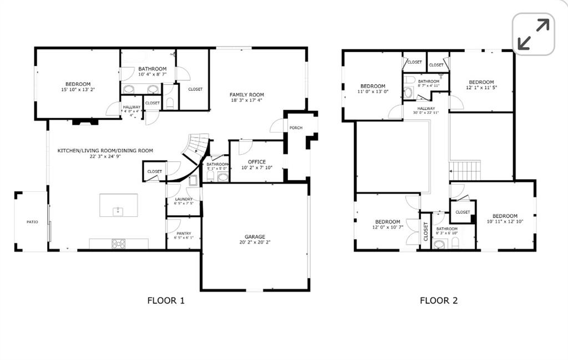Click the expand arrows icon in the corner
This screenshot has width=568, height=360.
[x=533, y=34]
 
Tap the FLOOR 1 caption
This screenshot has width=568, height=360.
[x=165, y=301]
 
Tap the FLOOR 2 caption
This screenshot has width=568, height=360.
[x=438, y=301]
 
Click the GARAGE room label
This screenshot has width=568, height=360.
[x=255, y=236]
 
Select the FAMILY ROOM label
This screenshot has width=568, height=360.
[x=247, y=95]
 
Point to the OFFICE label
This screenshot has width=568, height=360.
[x=257, y=162]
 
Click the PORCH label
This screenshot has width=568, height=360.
[x=296, y=128]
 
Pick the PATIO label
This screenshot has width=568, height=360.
[x=32, y=222]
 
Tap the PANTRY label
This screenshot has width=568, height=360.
[x=183, y=234]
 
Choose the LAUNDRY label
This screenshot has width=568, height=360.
[x=184, y=199]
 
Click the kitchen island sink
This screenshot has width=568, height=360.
[x=118, y=211]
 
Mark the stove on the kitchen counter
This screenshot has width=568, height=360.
[x=119, y=243]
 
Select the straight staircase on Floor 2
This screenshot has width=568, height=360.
[x=464, y=170]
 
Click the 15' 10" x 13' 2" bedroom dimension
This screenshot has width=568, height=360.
[x=78, y=90]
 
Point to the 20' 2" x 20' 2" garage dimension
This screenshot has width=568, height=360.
[x=255, y=242]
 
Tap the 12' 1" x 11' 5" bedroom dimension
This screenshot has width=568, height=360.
[x=481, y=88]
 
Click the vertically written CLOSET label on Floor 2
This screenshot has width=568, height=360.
[x=426, y=231]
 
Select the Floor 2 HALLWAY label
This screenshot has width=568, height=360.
[x=426, y=109]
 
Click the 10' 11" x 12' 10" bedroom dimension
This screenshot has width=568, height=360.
[x=505, y=222]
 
